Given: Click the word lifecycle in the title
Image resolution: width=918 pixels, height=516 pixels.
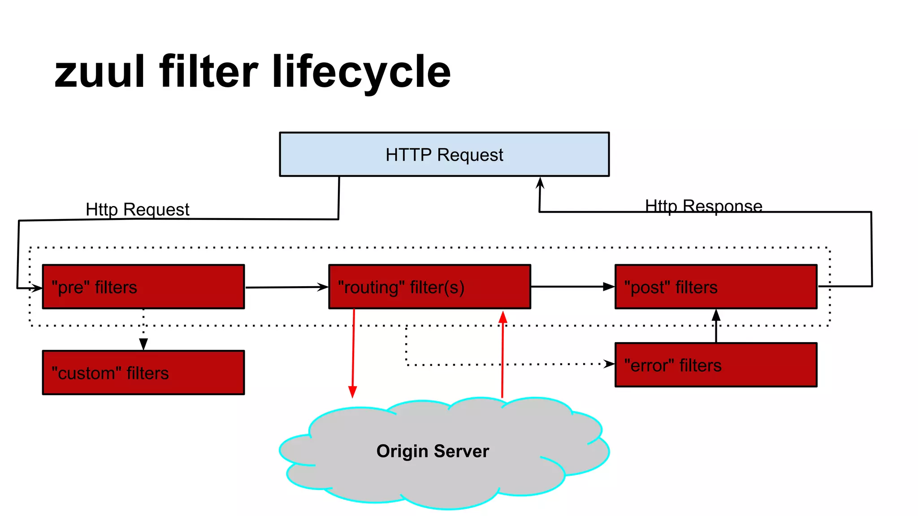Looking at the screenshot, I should (x=361, y=72).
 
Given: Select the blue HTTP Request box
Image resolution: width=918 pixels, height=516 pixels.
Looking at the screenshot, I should (x=444, y=155).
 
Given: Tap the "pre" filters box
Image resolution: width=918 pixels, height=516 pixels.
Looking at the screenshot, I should (x=143, y=287).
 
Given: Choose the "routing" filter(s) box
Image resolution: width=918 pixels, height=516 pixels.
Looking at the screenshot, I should (x=429, y=287).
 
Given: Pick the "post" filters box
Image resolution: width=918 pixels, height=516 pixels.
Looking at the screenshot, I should (x=716, y=287).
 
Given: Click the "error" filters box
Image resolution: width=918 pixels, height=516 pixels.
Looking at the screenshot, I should (x=716, y=365).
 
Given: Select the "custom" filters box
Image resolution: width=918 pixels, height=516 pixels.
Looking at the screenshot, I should (x=143, y=373).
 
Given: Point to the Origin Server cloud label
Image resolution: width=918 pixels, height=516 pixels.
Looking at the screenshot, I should (x=433, y=451).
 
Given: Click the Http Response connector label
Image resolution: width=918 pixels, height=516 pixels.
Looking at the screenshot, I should (x=703, y=206).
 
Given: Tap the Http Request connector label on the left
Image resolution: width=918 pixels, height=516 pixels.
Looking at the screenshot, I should (x=137, y=209).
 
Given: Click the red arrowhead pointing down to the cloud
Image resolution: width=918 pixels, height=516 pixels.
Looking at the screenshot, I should (x=353, y=392).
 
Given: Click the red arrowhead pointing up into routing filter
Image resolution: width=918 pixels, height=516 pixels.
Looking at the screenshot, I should (x=503, y=317).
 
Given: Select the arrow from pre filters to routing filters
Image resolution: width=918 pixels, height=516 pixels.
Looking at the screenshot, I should (x=287, y=287).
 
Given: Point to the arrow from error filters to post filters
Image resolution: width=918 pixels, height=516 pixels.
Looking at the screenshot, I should (x=716, y=326).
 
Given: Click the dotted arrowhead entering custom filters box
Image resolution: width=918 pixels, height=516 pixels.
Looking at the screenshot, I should (x=143, y=344).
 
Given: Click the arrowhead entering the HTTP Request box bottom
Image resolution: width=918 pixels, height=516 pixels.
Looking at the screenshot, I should (x=540, y=182).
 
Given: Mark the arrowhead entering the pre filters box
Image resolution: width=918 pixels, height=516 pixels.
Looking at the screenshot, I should (x=37, y=288).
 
